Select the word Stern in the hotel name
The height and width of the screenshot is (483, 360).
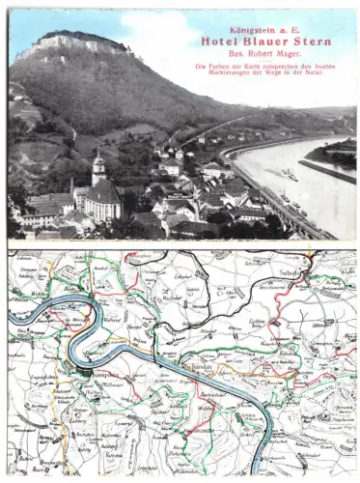click(314, 42)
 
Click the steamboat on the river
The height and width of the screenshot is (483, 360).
click(290, 175)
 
